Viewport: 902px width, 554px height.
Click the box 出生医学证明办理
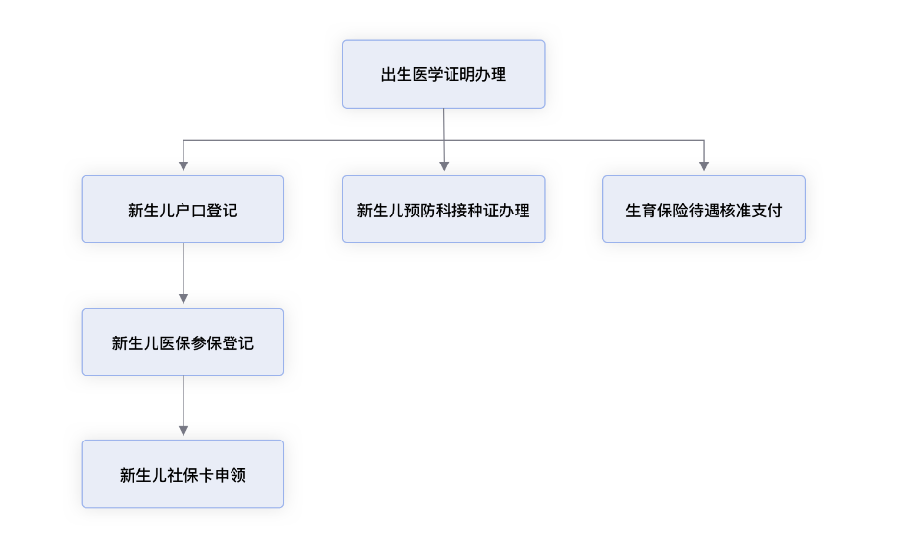(x=443, y=74)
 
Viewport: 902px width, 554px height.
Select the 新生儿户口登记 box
(x=183, y=209)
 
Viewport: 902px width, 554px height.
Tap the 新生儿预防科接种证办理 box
(x=443, y=209)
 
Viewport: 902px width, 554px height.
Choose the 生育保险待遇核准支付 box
(x=703, y=209)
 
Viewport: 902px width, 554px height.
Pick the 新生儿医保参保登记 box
(x=183, y=342)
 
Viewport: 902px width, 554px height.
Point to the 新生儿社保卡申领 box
(x=183, y=474)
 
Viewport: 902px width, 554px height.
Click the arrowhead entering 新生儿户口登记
(x=183, y=166)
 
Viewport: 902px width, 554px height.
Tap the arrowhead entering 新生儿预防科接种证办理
(x=444, y=166)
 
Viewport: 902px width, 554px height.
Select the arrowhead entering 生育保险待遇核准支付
(x=704, y=166)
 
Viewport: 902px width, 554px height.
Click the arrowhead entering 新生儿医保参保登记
(x=183, y=299)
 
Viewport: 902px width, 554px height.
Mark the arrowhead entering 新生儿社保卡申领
(x=183, y=431)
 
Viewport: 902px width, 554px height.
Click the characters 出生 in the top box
(x=397, y=75)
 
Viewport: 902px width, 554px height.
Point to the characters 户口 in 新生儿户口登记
(x=191, y=211)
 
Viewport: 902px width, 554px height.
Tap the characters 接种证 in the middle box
(x=475, y=211)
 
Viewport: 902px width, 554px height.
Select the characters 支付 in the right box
(x=767, y=211)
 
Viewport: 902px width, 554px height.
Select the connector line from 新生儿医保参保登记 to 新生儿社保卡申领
(x=183, y=401)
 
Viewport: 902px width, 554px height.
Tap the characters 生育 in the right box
(x=641, y=211)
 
